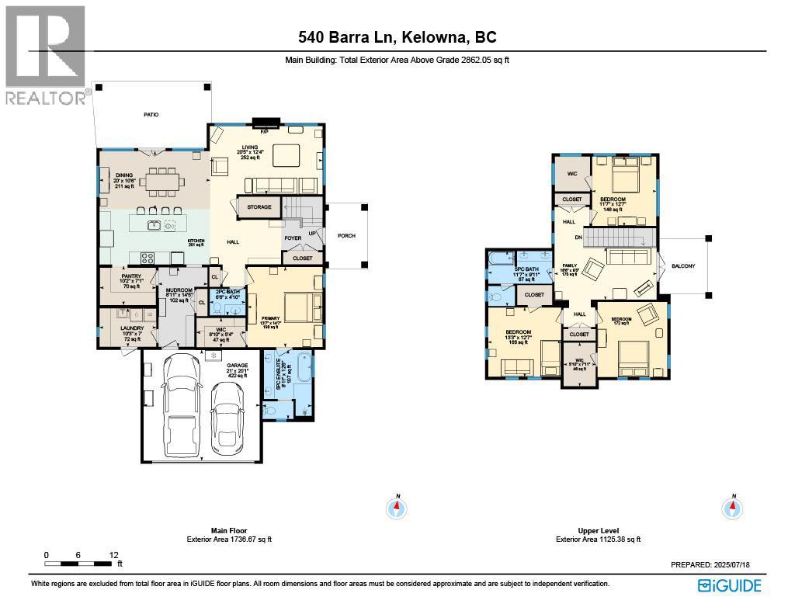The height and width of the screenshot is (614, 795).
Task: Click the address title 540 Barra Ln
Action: pos(397,36)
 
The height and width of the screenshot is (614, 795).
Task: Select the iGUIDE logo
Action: pos(729,585)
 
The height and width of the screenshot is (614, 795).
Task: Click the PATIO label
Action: pos(151,115)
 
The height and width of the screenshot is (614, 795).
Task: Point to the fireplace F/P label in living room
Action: pos(264,132)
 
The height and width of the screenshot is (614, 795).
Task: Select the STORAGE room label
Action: pos(259,207)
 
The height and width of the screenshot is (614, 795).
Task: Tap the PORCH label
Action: pos(346,236)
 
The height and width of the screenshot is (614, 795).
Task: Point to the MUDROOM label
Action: pos(179,290)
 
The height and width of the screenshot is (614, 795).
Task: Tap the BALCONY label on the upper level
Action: pos(683,266)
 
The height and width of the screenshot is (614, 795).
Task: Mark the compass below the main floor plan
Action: pos(397,508)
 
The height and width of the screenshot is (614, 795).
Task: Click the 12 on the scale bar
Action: pos(114,555)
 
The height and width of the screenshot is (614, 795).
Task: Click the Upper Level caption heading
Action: pos(598,531)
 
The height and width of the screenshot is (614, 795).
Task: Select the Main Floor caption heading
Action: pos(229,531)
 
